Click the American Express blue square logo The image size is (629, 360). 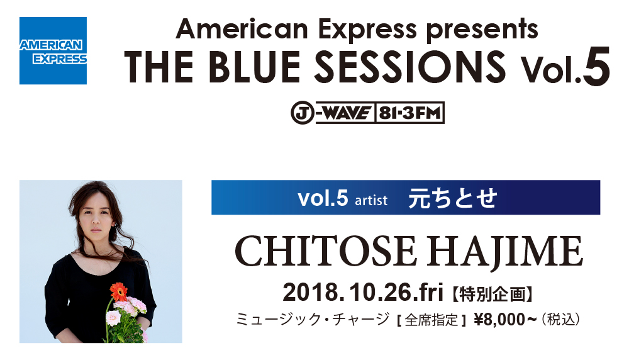pos(53,50)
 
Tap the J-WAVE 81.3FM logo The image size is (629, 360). pos(367,113)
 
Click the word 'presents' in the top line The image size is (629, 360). pos(482,30)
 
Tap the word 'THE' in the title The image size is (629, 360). pos(159,67)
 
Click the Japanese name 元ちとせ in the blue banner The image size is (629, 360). pos(453,198)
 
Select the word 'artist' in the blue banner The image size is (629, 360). pos(371,200)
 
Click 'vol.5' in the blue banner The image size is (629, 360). pos(323,198)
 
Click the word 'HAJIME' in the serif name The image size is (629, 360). pos(504,252)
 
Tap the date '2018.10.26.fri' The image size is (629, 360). pos(363,292)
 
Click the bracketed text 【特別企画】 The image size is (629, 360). pos(493,294)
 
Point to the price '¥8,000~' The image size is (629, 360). pos(505,320)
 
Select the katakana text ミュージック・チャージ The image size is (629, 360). pos(313,320)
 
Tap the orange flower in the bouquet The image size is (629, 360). pos(119,292)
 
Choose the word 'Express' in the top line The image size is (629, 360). pos(367,30)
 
